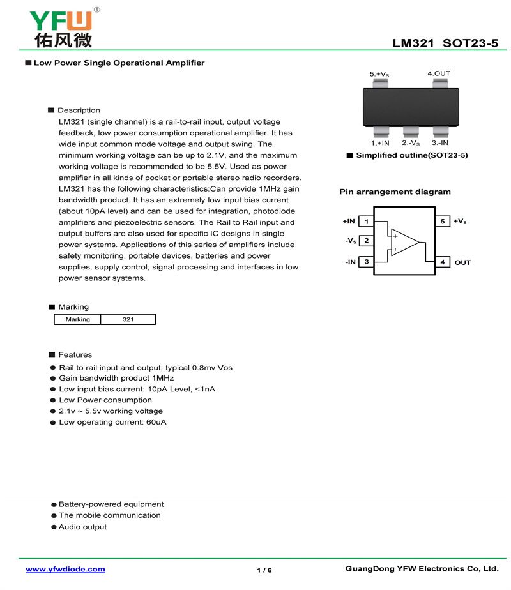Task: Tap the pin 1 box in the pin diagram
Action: tap(366, 222)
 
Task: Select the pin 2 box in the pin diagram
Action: tap(366, 241)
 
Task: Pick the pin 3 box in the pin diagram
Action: tap(366, 262)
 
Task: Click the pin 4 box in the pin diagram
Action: tap(443, 262)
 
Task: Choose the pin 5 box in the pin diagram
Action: tap(443, 222)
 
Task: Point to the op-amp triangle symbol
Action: tap(404, 242)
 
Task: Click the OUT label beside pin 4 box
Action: tap(462, 262)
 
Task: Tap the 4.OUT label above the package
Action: tap(439, 73)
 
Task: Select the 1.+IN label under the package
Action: tap(380, 143)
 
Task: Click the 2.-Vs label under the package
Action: tap(411, 143)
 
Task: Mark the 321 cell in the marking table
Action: tap(128, 319)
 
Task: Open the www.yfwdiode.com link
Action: tap(65, 569)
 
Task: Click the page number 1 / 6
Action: tap(264, 570)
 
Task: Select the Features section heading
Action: tap(75, 355)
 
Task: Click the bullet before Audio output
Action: tap(54, 527)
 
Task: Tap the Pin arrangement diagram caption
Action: tap(395, 192)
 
